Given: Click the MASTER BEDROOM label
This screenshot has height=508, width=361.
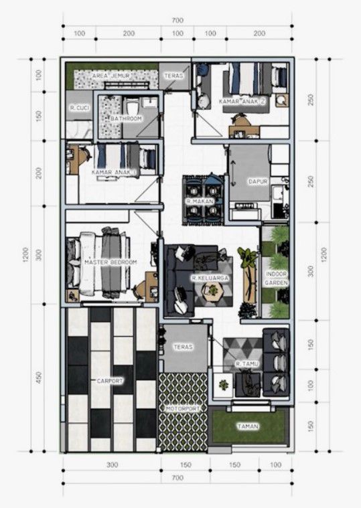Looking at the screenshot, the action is coord(111,262).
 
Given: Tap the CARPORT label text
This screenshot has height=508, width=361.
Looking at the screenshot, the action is coord(110,381).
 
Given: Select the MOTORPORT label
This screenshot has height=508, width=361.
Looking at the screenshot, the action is coord(183,409).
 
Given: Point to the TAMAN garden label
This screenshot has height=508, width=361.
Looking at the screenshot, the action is coord(248,426).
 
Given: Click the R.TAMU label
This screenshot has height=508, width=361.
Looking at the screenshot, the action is coord(247,364).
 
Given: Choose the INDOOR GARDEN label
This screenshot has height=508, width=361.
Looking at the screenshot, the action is coord(277,278).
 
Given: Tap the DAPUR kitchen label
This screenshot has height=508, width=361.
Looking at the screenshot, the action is coord(258,181).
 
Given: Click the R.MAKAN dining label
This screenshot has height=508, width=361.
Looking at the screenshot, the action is coord(200,201).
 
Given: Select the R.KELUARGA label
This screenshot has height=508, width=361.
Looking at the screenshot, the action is coord(210,278).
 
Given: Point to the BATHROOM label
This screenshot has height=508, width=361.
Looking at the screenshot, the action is coord(126,118).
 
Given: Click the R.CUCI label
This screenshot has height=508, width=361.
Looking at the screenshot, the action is coord(80,108).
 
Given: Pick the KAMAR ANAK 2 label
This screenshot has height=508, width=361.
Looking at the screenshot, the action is coord(242,102).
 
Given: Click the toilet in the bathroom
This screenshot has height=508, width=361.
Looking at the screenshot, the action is coord(133,106).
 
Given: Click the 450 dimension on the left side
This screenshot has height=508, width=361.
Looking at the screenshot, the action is coord(39,377).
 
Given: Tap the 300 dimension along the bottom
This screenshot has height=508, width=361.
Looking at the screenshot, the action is coord(112,465).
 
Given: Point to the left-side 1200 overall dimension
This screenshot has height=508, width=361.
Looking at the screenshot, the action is coord(26,254).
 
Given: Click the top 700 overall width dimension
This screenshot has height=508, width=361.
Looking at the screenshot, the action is coord(177,20).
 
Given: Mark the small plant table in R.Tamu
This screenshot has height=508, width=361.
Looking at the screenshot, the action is coord(223,385).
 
